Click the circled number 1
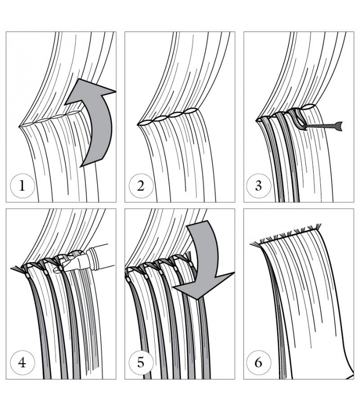22,186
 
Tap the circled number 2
141,186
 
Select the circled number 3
259,186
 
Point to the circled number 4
22,363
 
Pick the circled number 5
141,363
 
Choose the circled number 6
259,363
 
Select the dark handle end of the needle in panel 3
339,126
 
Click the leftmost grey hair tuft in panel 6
254,245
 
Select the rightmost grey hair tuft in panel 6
317,226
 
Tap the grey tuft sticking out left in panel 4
16,268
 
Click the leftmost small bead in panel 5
128,279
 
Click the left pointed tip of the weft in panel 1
19,127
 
